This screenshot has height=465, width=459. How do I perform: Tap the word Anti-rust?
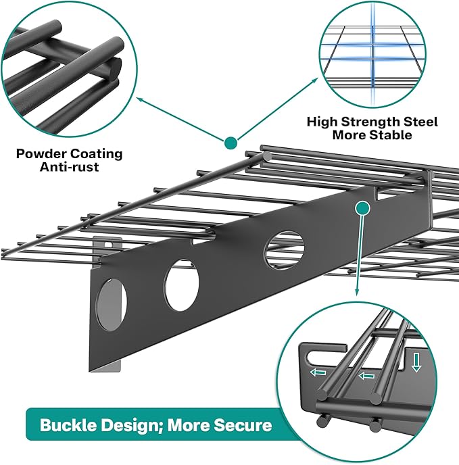pyautogui.click(x=69, y=166)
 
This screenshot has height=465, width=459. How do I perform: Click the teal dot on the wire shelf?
pyautogui.click(x=231, y=143)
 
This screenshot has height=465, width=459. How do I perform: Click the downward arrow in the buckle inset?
pyautogui.click(x=416, y=365)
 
